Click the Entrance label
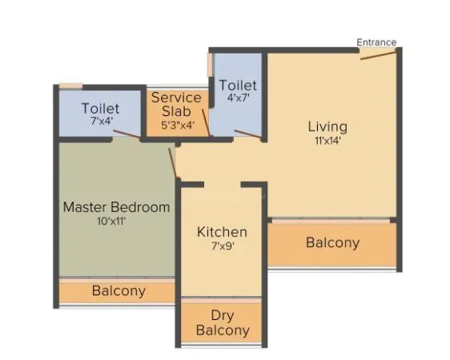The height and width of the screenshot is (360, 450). [376, 42]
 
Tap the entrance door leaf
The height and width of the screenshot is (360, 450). [377, 54]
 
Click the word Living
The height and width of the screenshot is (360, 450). [327, 126]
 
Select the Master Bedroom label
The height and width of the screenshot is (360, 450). [117, 207]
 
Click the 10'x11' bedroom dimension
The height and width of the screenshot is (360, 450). [111, 222]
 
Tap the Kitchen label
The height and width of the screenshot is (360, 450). [222, 232]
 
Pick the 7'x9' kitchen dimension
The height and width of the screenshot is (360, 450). [222, 246]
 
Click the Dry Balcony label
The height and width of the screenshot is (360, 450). [223, 322]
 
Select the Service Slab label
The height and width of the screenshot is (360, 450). [176, 104]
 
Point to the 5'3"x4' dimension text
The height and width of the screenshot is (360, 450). [177, 125]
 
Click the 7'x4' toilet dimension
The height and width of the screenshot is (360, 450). [101, 122]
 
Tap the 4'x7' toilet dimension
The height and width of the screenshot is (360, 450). [237, 98]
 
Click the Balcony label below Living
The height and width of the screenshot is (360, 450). [332, 242]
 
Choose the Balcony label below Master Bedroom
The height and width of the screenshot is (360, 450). [119, 291]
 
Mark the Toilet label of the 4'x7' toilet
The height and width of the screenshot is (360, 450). [238, 85]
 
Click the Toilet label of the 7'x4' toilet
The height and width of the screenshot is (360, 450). [101, 108]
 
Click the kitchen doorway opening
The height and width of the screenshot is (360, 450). [223, 185]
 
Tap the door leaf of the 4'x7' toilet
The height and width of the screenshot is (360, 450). [247, 134]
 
